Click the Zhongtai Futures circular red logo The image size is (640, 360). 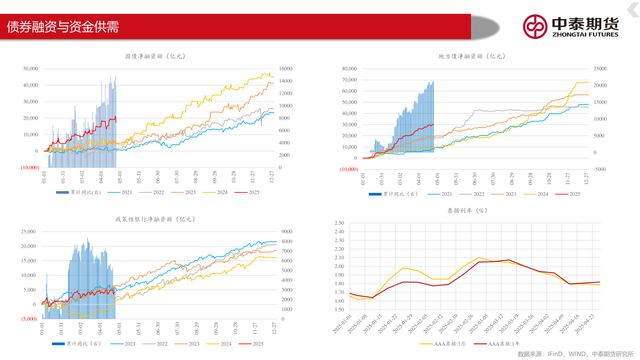tap(535, 27)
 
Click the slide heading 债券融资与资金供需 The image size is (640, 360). tap(63, 27)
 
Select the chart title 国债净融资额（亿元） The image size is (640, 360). tap(155, 56)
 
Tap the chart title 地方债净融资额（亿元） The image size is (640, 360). tap(472, 56)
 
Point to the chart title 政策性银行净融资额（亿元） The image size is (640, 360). tap(155, 219)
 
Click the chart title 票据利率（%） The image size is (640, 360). tap(467, 211)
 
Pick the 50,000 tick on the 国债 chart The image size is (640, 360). tap(30, 69)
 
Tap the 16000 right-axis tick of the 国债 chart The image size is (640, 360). tap(286, 69)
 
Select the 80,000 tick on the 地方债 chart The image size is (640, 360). tap(349, 69)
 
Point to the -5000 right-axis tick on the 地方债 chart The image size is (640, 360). tap(600, 169)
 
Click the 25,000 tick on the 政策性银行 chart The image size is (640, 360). tap(28, 232)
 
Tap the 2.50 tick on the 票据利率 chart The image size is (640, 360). tap(339, 223)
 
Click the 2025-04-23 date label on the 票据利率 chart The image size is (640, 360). tap(585, 323)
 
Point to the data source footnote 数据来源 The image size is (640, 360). tap(575, 354)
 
